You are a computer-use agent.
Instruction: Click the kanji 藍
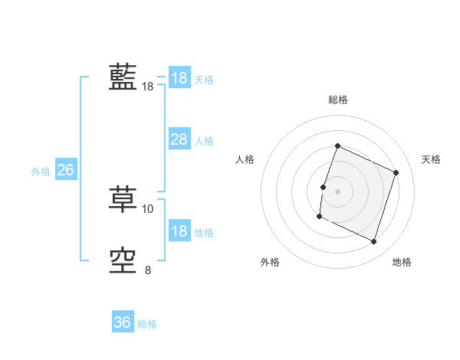[123, 77]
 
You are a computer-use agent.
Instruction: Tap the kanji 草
[123, 201]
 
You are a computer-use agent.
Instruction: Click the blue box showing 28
[179, 139]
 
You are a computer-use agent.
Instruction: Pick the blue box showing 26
[65, 170]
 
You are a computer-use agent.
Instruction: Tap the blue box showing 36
[123, 322]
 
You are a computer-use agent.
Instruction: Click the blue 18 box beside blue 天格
[179, 78]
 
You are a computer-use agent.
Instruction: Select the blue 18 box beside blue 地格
[179, 231]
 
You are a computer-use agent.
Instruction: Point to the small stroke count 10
[148, 208]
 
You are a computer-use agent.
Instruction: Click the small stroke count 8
[148, 270]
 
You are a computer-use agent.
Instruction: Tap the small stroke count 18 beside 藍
[148, 87]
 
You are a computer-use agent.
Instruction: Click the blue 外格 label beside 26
[41, 172]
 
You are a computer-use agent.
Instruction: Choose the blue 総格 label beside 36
[147, 324]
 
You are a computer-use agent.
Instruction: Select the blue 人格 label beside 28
[204, 141]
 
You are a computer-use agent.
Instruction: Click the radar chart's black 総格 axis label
[337, 100]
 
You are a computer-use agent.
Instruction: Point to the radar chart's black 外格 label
[270, 262]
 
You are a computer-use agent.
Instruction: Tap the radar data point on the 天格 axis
[396, 172]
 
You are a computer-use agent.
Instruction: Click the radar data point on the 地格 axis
[374, 242]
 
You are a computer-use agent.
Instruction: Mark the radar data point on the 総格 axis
[337, 146]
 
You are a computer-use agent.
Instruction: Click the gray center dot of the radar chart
[337, 191]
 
